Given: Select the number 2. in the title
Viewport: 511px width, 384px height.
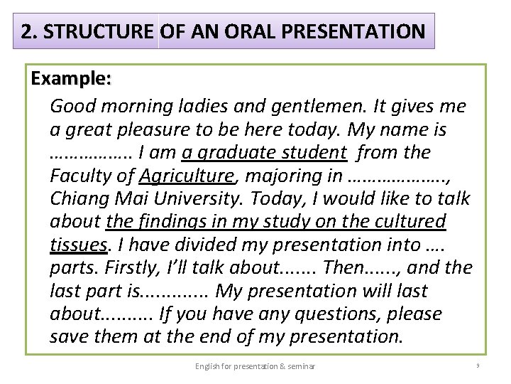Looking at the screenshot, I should pos(29,32).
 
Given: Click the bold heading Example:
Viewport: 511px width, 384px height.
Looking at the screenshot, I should pos(71,79).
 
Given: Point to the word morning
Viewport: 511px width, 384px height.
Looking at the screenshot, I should pos(129,107).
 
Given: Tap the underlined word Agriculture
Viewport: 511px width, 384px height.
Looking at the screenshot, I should pos(186,176).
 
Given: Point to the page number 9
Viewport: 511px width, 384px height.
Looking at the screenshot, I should pos(478,366).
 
